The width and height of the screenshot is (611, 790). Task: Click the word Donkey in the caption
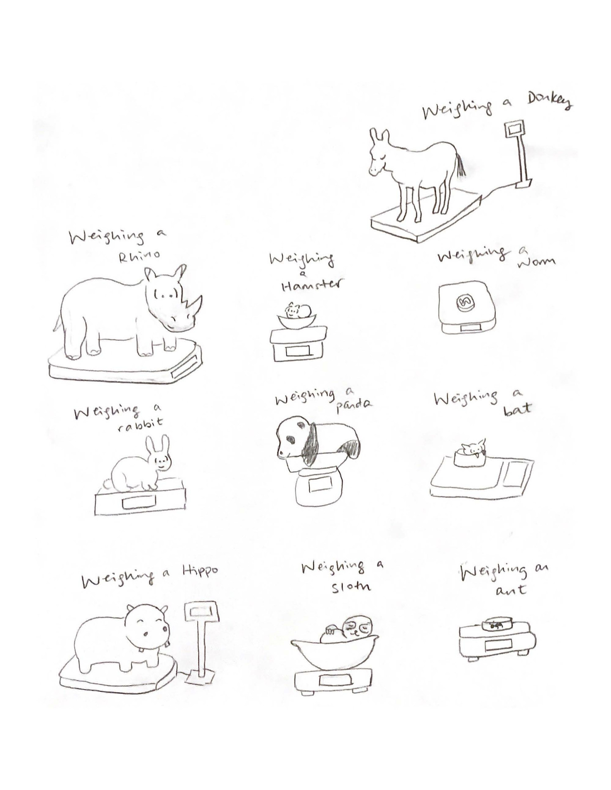(549, 101)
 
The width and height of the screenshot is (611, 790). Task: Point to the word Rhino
(139, 256)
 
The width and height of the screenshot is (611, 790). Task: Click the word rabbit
(140, 424)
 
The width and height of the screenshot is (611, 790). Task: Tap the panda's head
(291, 437)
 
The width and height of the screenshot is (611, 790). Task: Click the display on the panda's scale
(320, 484)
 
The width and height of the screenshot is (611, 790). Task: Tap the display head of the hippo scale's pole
(201, 611)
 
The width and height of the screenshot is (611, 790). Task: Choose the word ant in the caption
(511, 590)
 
